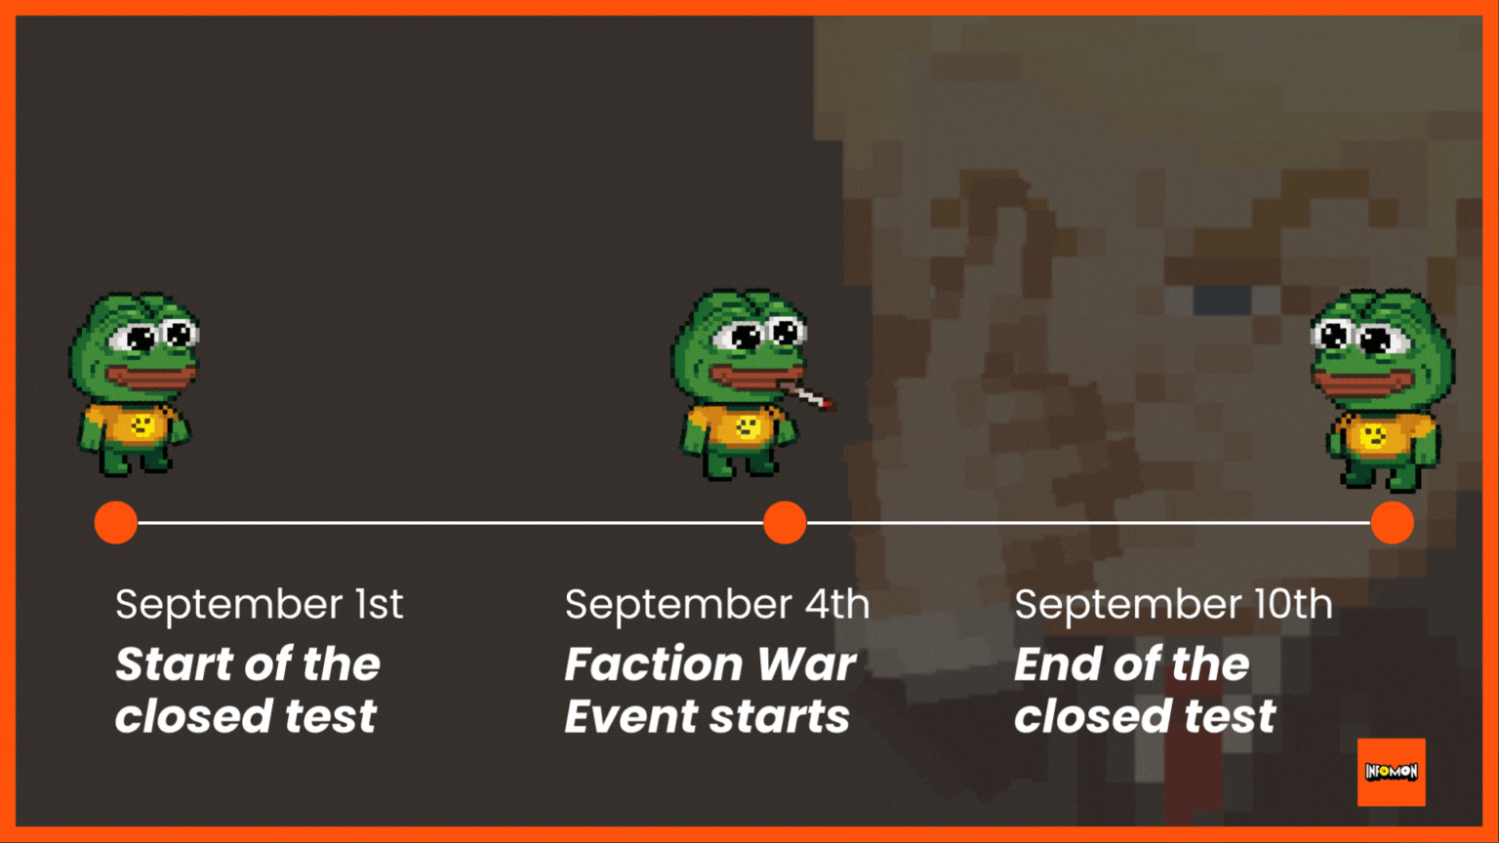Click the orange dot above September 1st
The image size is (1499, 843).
click(x=116, y=523)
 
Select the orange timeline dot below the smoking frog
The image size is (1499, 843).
click(x=785, y=523)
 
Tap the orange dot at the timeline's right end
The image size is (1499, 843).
click(x=1392, y=523)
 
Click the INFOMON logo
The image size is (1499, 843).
click(x=1392, y=772)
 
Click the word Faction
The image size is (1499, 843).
click(x=654, y=664)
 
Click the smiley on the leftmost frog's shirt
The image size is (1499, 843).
click(x=142, y=424)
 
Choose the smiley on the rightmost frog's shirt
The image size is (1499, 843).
click(x=1373, y=435)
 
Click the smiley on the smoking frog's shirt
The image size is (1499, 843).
click(x=747, y=426)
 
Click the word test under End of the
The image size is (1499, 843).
click(x=1230, y=716)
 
